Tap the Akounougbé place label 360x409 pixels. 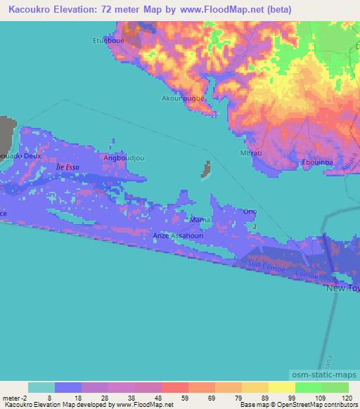[x=184, y=98]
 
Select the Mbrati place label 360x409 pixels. [x=252, y=152]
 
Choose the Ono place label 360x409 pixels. [x=249, y=212]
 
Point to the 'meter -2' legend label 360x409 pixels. [x=13, y=398]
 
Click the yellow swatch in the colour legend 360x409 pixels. [x=282, y=387]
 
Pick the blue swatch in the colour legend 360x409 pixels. [x=68, y=387]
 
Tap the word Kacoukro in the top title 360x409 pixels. [x=26, y=9]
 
